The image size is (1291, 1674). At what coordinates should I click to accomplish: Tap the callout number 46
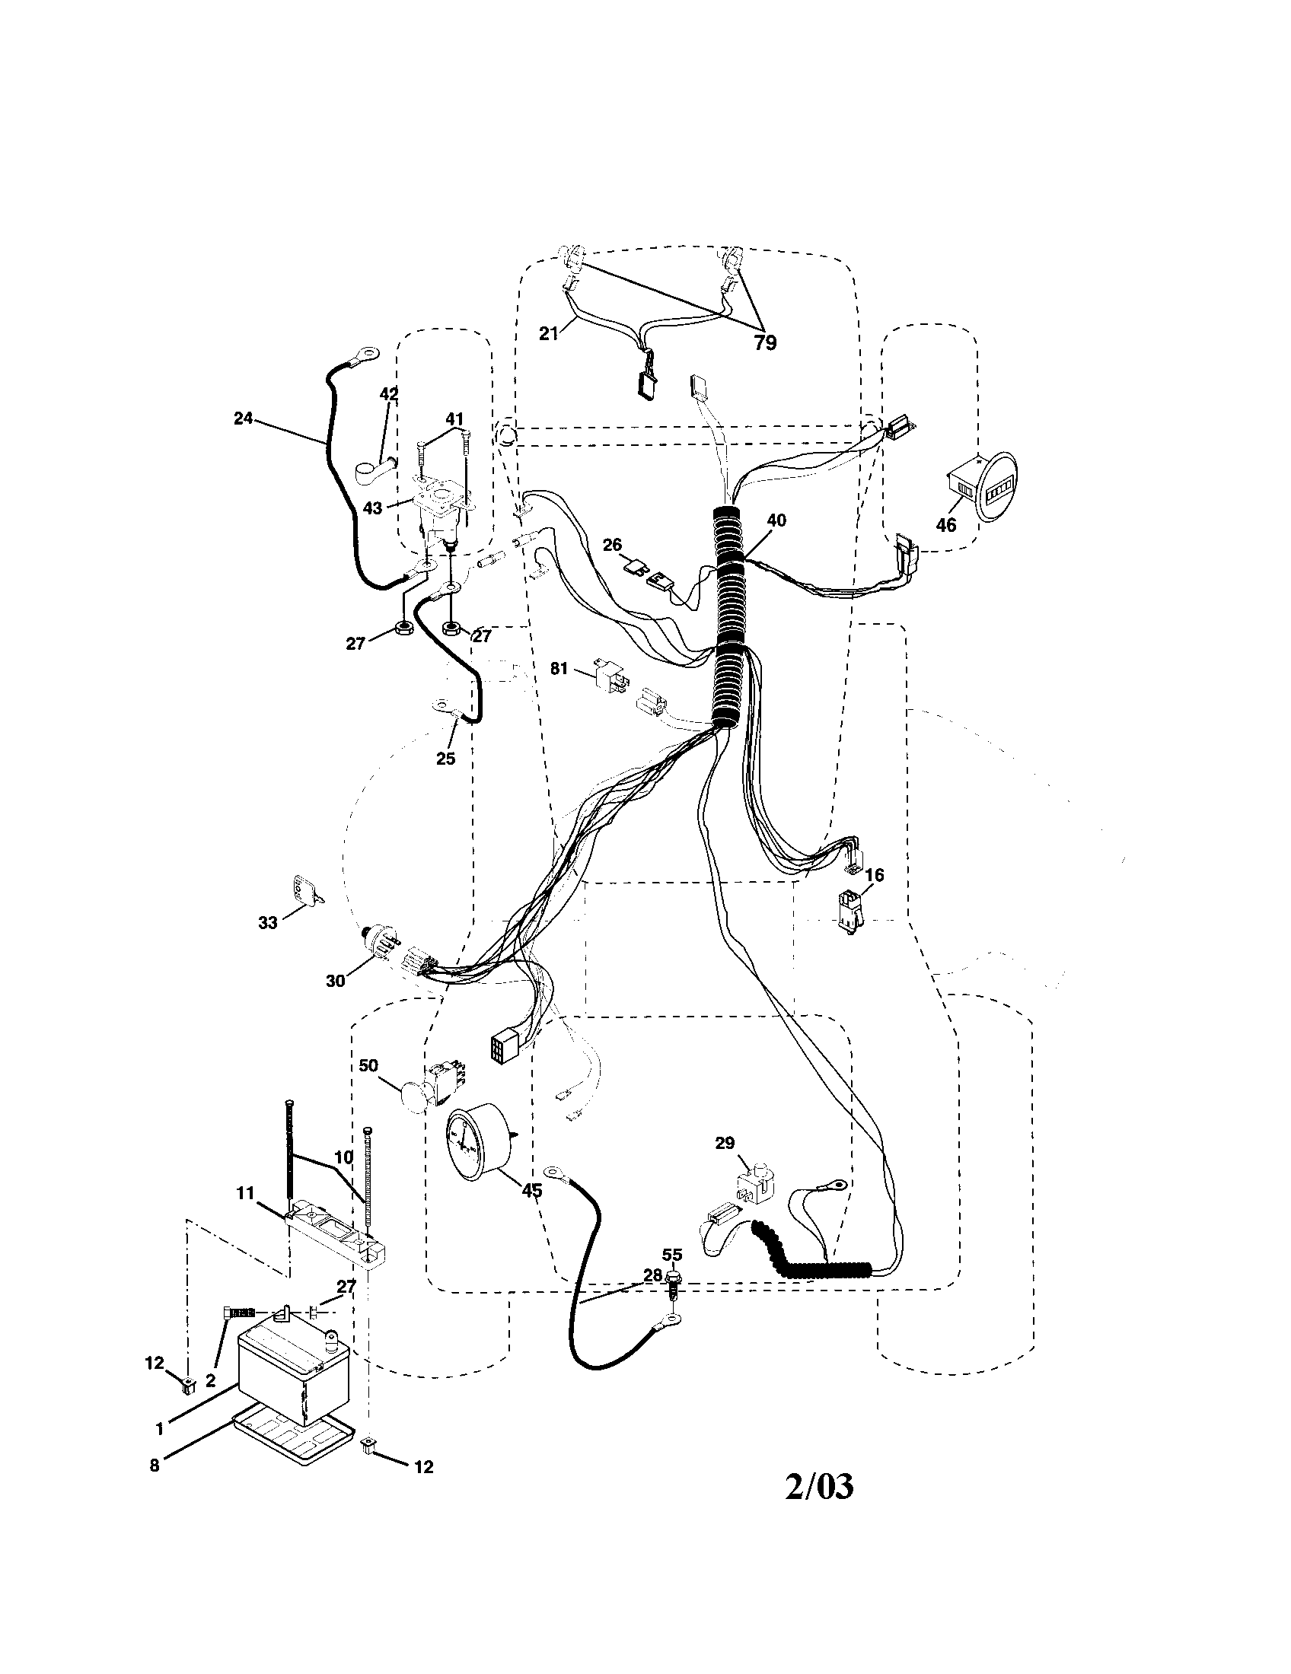click(946, 525)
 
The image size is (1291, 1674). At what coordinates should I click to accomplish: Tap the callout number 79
click(765, 343)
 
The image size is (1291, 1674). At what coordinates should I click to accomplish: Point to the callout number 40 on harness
click(776, 520)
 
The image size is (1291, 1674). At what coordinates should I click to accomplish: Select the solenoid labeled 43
click(439, 508)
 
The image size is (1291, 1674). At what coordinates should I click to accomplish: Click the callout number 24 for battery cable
click(243, 419)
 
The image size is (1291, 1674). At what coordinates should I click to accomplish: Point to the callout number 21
click(548, 334)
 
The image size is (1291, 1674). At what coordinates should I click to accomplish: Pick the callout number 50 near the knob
click(369, 1066)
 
